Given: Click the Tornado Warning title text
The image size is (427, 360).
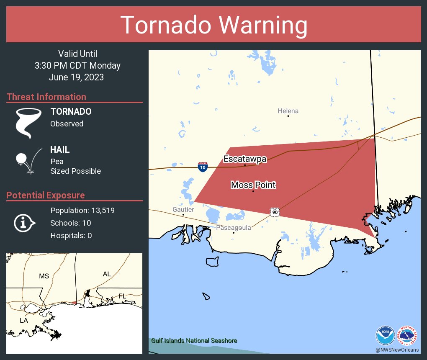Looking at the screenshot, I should (x=213, y=25).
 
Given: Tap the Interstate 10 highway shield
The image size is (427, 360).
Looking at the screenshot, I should (x=203, y=167).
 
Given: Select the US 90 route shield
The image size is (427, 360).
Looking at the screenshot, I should (x=274, y=212).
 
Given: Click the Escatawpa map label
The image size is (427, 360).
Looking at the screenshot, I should (x=245, y=159).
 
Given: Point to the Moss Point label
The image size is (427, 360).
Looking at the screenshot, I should (x=253, y=185).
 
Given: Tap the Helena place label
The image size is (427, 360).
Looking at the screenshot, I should (x=288, y=111).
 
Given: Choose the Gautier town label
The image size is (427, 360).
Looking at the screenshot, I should (x=183, y=209).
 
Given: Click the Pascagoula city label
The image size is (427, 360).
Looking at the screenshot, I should (x=234, y=228).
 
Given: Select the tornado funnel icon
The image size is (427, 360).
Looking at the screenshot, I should (x=28, y=123).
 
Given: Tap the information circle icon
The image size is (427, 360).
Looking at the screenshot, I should (x=24, y=223).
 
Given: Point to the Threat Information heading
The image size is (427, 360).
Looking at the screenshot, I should (x=46, y=97).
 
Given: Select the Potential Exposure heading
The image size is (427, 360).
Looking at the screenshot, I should (x=46, y=195).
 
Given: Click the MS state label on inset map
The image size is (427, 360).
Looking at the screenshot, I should (x=44, y=276).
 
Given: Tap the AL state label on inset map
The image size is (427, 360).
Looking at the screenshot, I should (x=107, y=274).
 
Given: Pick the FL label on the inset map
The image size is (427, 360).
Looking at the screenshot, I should (x=122, y=296).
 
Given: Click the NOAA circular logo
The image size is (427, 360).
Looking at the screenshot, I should (x=385, y=336).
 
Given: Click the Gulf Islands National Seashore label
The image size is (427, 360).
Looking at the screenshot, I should (x=194, y=341).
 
